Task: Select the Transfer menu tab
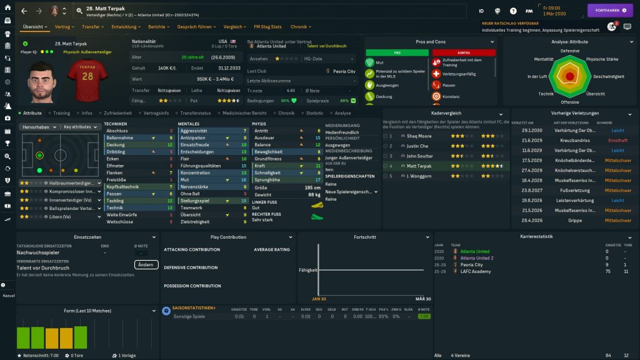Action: pos(92,27)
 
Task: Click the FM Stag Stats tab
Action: pos(267,27)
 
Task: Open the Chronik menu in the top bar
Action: pos(300,27)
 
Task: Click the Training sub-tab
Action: pos(61,113)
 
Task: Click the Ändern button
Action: pos(146,264)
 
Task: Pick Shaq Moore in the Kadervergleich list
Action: pos(419,136)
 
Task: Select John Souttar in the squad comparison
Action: pos(419,156)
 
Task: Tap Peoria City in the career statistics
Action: pos(472,265)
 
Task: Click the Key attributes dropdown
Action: pos(81,127)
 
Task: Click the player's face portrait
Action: pos(41,80)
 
